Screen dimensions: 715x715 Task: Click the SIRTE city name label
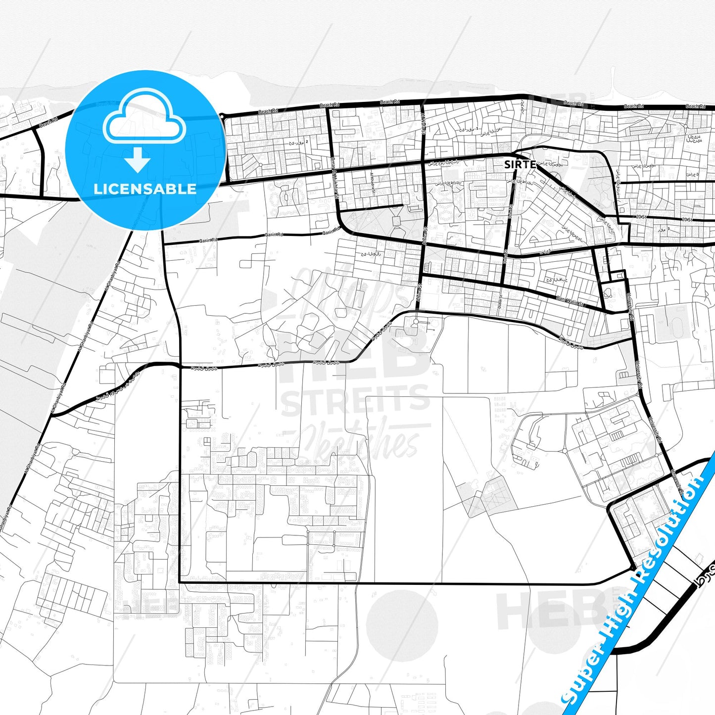[520, 164]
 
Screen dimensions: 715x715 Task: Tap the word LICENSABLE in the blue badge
[144, 189]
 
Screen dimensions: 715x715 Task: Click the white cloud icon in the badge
[144, 120]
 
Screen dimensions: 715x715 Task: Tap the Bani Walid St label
[570, 300]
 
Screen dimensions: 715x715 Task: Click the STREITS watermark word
[355, 400]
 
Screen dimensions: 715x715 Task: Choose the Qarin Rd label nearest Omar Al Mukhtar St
[331, 231]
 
